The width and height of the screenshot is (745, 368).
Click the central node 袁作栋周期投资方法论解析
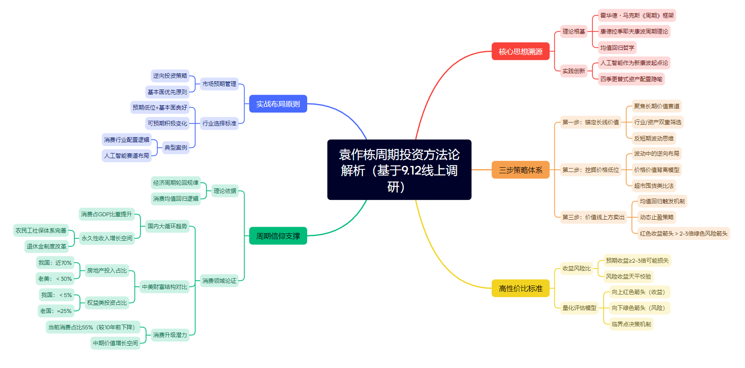[x=399, y=170]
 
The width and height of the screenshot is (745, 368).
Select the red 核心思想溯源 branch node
[x=520, y=52]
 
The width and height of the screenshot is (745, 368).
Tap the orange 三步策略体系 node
[x=520, y=170]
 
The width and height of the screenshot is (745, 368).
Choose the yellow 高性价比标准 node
[x=520, y=288]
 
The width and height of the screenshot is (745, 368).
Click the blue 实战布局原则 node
[x=278, y=104]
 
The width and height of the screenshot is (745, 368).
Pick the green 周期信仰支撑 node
[x=278, y=236]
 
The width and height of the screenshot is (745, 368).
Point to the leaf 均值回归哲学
[x=617, y=48]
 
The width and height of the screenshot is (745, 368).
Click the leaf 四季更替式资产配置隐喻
[x=631, y=79]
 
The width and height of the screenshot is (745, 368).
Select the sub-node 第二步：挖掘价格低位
[x=591, y=170]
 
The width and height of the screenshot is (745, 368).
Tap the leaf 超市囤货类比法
[x=654, y=186]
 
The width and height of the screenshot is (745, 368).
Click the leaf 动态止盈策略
[x=656, y=218]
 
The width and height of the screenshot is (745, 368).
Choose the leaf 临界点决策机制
[x=631, y=324]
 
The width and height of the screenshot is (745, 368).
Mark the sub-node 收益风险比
[x=577, y=268]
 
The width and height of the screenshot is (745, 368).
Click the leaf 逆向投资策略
[x=170, y=76]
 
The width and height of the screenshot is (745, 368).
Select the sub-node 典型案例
[x=176, y=147]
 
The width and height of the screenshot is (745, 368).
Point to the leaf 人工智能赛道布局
[x=127, y=156]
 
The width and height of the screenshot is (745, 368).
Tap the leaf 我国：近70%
[x=55, y=263]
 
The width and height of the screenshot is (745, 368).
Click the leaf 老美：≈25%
[x=56, y=311]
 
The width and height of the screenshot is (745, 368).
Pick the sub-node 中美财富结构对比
[x=165, y=287]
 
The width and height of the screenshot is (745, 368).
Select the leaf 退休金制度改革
[x=46, y=246]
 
